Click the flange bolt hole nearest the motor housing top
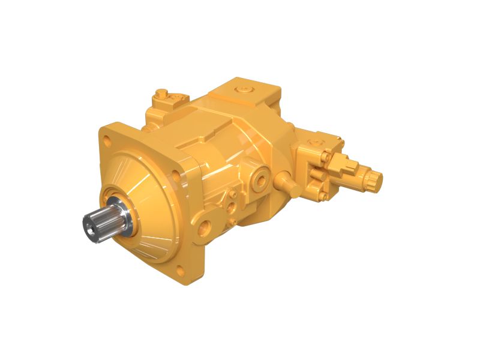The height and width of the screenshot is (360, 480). coord(175,175)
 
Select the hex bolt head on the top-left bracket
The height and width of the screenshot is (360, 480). coord(161,94)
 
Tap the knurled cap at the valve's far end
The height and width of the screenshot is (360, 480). coord(374,178)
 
